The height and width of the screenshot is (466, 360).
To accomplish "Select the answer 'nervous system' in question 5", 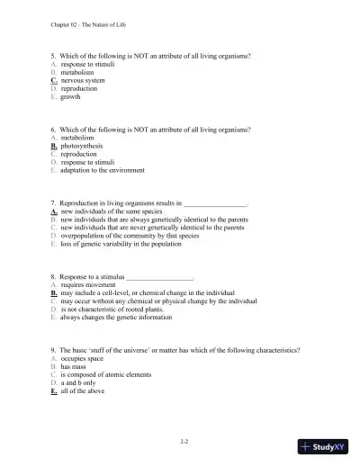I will [85, 80].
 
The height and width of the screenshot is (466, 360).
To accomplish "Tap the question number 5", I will [53, 57].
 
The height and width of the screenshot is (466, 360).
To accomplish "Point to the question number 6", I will [53, 130].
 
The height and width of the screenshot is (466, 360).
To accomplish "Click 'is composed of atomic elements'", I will [104, 374].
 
